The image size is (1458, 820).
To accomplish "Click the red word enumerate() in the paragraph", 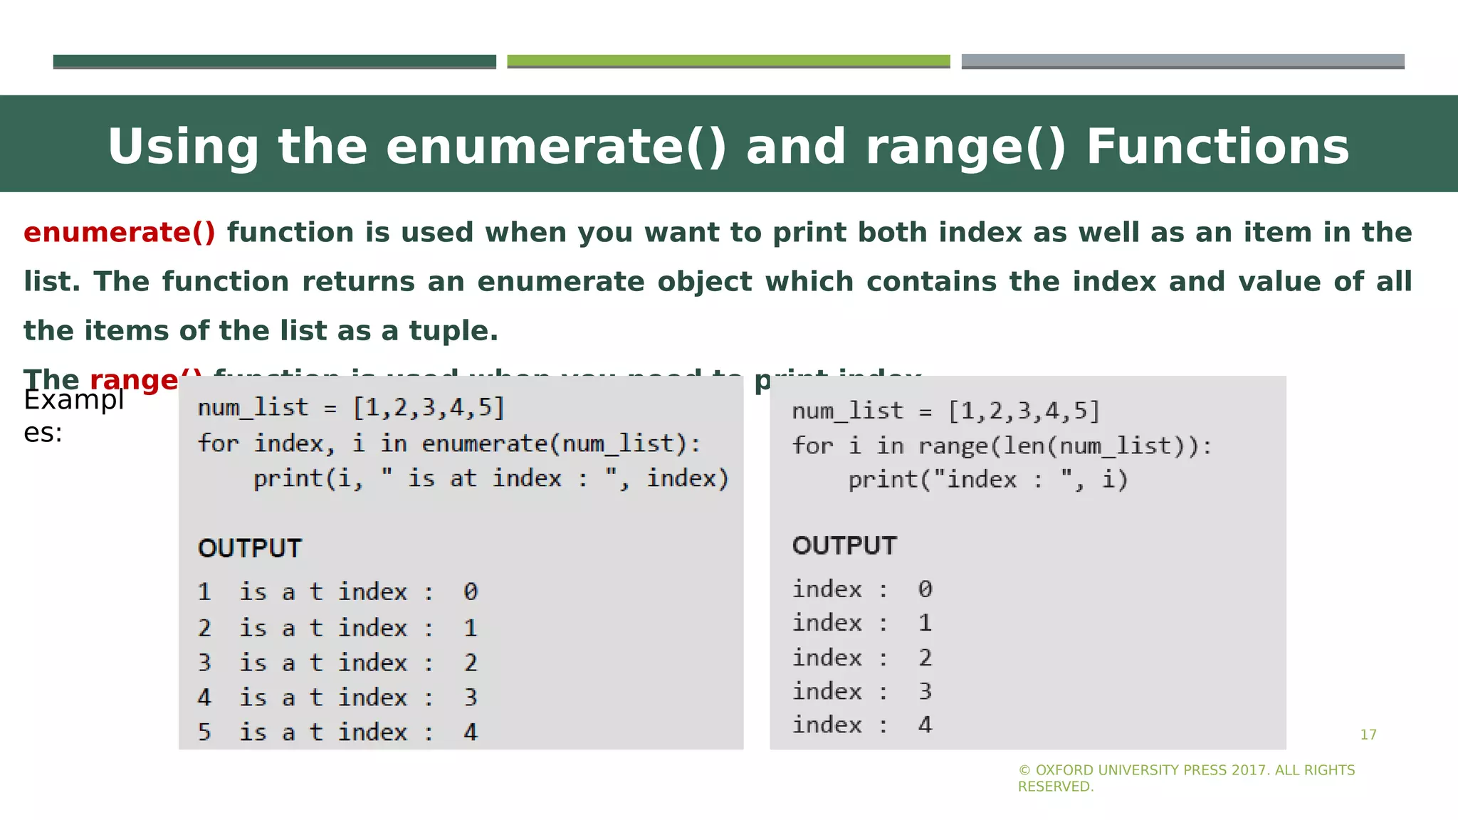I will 119,233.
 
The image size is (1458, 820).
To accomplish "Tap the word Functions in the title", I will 1217,147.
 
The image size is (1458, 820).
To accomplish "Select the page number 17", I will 1368,735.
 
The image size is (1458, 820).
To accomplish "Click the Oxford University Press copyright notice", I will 1186,778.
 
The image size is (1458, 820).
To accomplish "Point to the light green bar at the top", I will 728,61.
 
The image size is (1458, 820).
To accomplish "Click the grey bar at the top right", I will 1182,61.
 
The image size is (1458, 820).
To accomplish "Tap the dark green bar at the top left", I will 274,61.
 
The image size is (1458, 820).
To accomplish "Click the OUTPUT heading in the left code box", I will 250,549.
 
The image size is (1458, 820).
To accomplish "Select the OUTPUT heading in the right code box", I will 844,546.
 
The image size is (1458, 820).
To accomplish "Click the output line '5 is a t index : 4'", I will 337,732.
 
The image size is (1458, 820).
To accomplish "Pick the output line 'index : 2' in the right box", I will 862,658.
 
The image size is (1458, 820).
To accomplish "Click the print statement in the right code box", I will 987,480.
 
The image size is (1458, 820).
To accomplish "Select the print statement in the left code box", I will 491,478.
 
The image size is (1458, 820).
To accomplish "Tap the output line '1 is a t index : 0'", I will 337,592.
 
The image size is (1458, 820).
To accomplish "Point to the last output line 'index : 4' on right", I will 862,725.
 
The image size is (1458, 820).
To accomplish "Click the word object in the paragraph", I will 704,282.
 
